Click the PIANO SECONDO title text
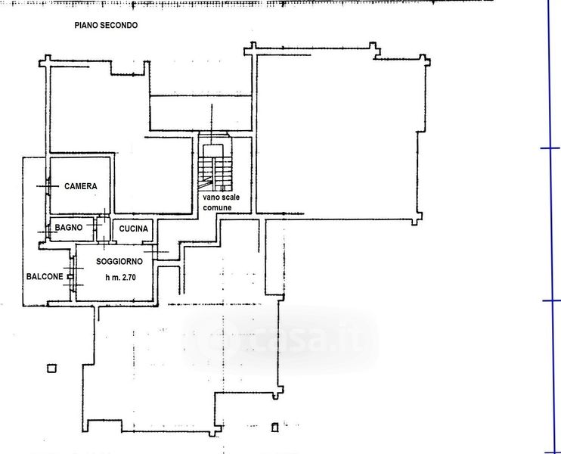tap(106, 26)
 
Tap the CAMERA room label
tap(80, 186)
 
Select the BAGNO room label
tap(69, 227)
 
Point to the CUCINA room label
tap(134, 229)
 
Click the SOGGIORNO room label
tap(119, 262)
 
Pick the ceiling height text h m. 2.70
tap(120, 277)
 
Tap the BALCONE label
tap(45, 276)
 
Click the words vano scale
tap(221, 197)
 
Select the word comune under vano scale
tap(217, 207)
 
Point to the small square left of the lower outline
tap(52, 368)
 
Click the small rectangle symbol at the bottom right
tap(274, 428)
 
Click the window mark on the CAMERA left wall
tap(48, 186)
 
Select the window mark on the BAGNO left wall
tap(48, 232)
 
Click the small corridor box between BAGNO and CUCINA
tap(104, 229)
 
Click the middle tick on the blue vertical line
tap(551, 300)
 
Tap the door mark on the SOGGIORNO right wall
tap(156, 252)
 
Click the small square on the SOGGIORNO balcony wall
tap(70, 277)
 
